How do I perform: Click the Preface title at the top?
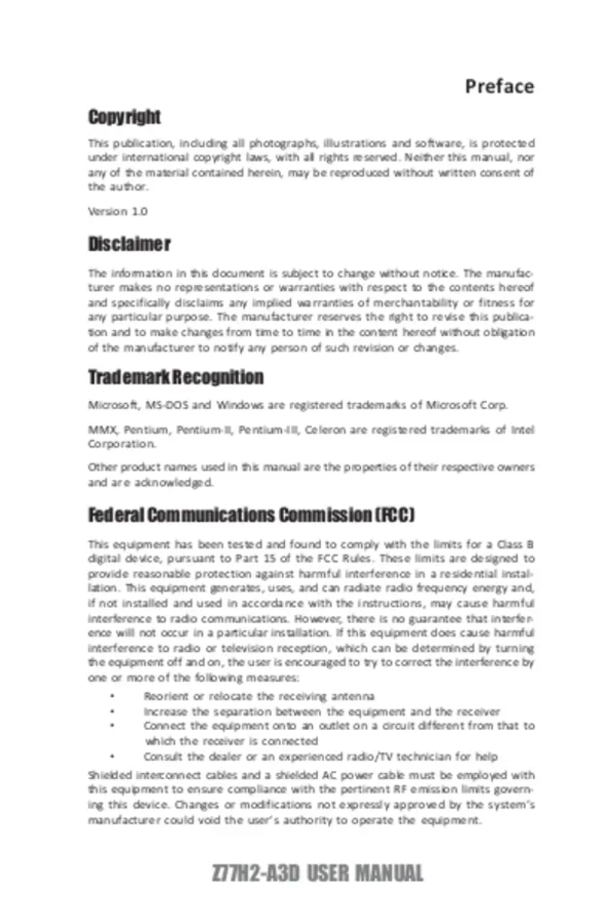pos(499,86)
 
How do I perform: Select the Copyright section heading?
pos(124,117)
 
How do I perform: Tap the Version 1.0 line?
pos(118,211)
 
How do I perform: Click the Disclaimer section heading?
pos(129,244)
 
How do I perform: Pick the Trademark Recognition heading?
pos(176,378)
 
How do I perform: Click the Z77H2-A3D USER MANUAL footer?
pos(316,873)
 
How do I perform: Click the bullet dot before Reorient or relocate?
pos(112,696)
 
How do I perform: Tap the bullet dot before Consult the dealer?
pos(112,756)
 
